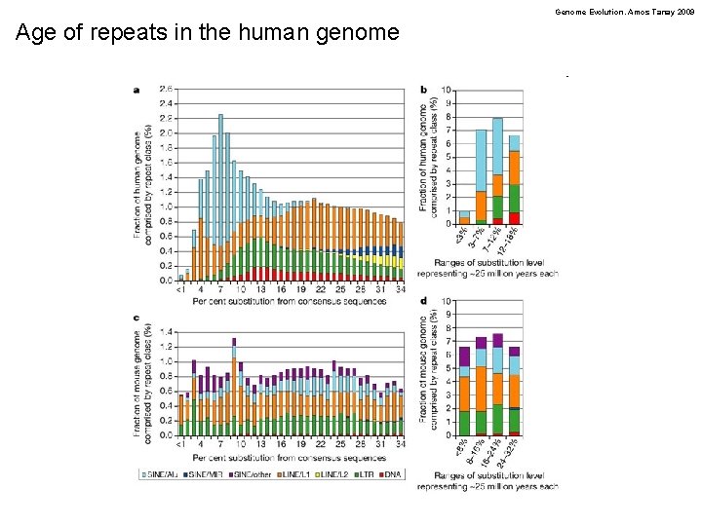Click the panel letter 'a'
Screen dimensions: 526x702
pos(136,90)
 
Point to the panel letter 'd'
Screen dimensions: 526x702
pos(422,302)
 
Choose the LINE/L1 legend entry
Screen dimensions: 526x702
pos(294,473)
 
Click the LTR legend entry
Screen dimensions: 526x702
pos(363,473)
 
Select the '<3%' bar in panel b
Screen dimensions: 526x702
pos(464,217)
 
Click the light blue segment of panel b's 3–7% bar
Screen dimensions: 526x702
pos(481,160)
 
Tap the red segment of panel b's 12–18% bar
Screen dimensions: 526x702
pos(514,218)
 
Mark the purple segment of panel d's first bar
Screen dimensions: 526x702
pos(464,356)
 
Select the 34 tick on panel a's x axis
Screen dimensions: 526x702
pos(400,289)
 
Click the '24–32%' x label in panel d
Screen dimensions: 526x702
pos(509,451)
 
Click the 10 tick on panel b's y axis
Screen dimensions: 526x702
pos(447,90)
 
